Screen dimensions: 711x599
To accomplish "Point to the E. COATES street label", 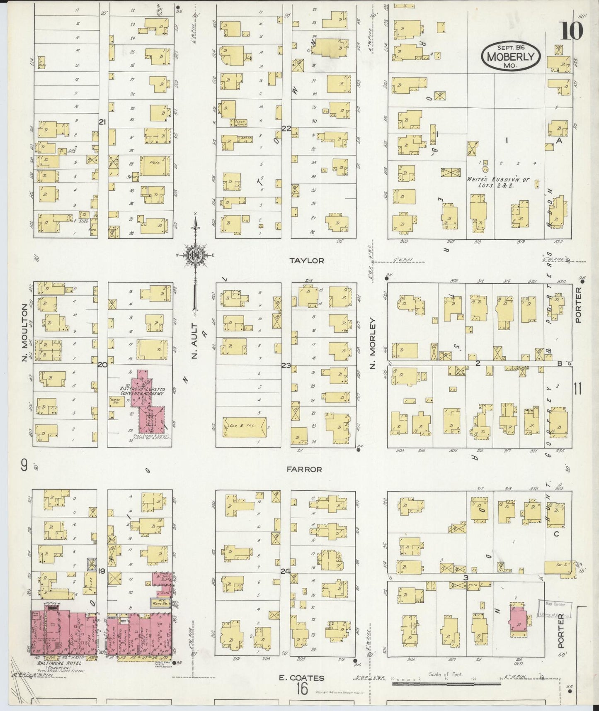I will pyautogui.click(x=301, y=678).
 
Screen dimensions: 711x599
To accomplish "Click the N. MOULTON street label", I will pyautogui.click(x=24, y=332).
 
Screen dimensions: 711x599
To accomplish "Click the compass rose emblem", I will pyautogui.click(x=194, y=254).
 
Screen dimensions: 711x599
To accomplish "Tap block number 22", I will pyautogui.click(x=286, y=128).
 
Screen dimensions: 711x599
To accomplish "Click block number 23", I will pyautogui.click(x=286, y=365).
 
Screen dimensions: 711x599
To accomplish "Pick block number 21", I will pyautogui.click(x=103, y=122).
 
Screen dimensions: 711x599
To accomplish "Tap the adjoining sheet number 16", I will pyautogui.click(x=302, y=689).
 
